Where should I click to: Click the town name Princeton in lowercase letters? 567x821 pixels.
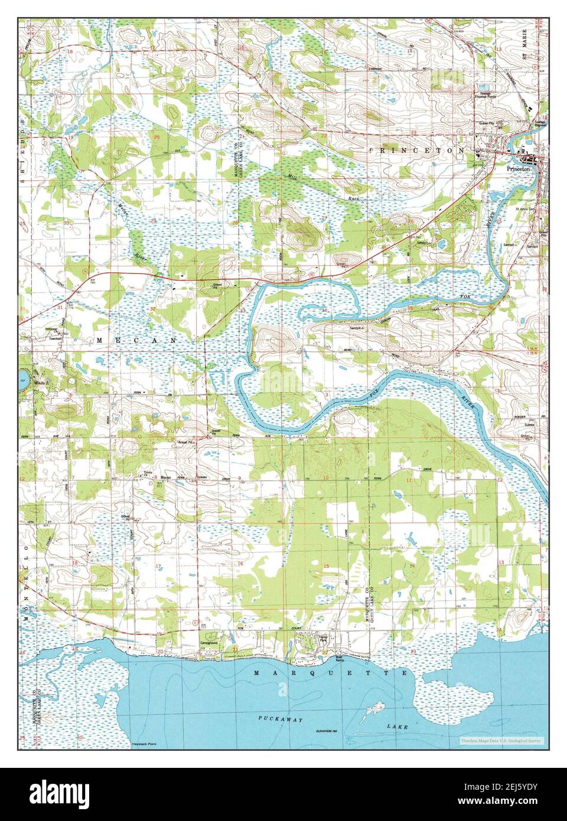(519, 169)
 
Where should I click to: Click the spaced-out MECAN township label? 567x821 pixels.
(136, 341)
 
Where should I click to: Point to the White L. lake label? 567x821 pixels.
(42, 384)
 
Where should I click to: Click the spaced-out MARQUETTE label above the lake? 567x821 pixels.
(331, 673)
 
